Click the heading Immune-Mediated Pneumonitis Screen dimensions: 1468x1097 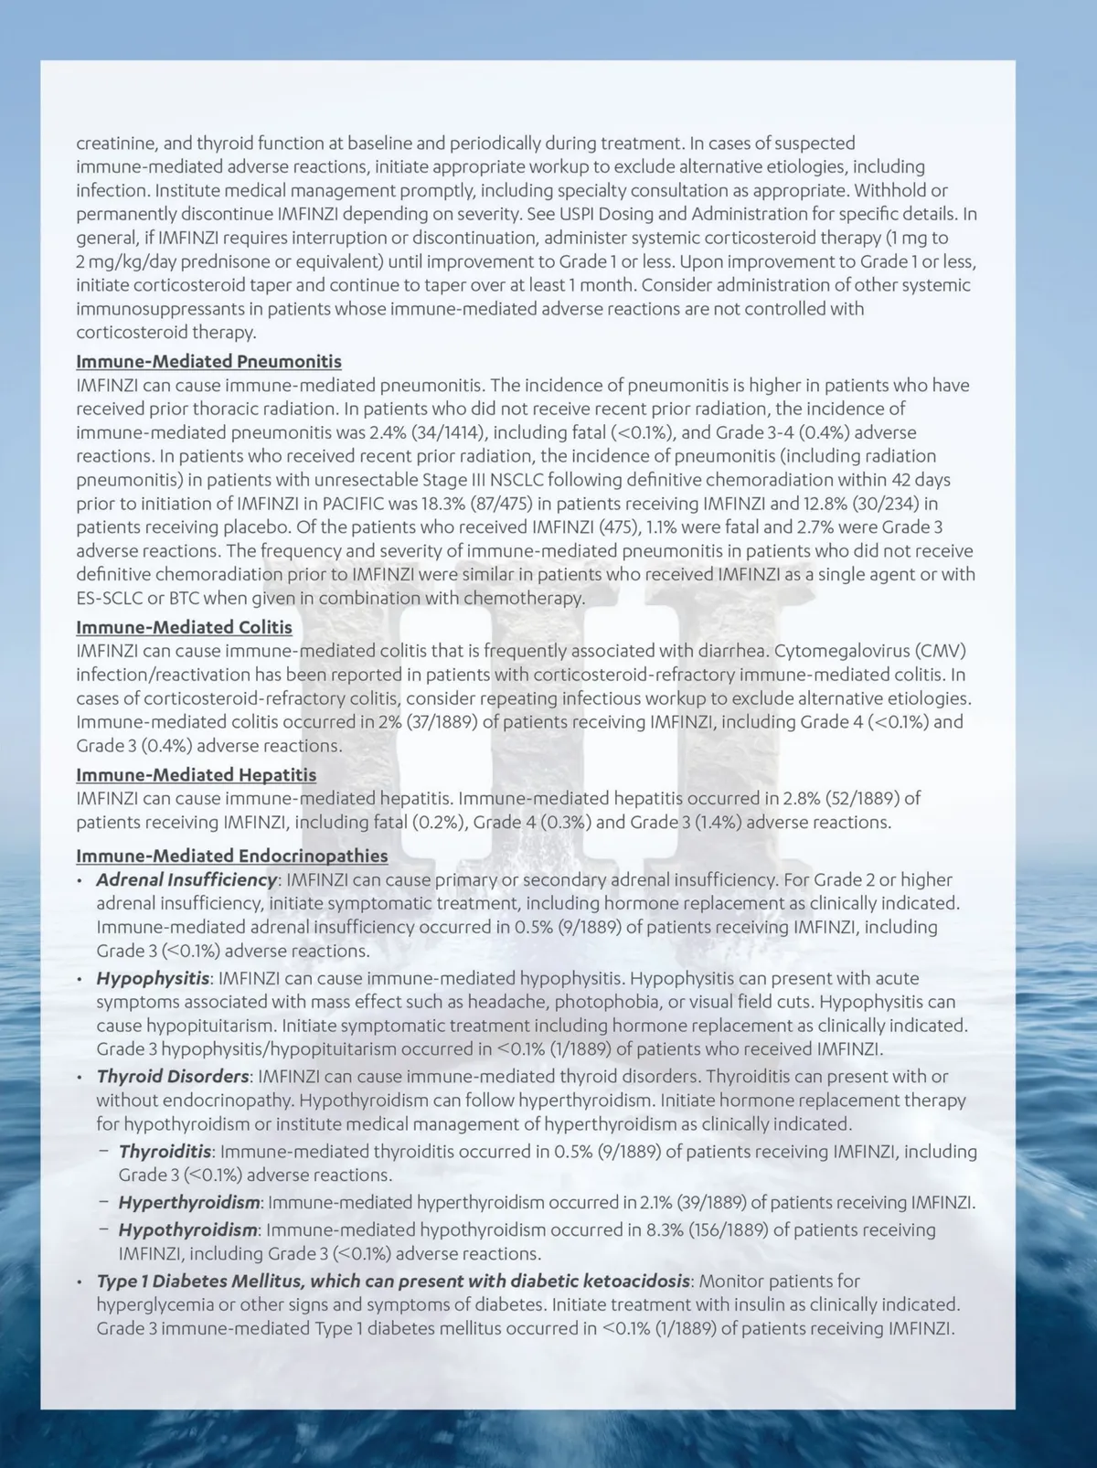click(208, 361)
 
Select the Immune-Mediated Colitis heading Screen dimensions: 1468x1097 click(184, 627)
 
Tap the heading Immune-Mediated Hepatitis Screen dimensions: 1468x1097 click(196, 775)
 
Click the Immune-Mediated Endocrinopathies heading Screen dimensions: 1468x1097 click(231, 856)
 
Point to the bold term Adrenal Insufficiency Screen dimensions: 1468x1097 click(186, 879)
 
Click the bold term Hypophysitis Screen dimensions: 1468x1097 click(153, 978)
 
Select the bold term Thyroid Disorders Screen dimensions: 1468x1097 click(173, 1077)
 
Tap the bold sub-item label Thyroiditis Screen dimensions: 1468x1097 click(165, 1152)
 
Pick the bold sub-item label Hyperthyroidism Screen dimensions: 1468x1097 click(189, 1203)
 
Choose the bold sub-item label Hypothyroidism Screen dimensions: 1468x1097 click(187, 1230)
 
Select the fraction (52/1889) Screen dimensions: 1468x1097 click(865, 799)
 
